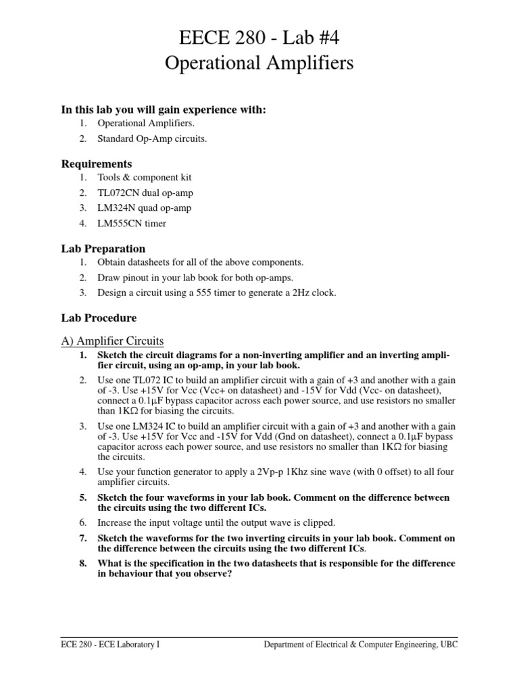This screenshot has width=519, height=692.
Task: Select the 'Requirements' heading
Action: [97, 164]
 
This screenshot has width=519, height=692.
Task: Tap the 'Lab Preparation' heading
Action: [103, 249]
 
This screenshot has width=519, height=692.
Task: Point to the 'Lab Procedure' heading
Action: [99, 317]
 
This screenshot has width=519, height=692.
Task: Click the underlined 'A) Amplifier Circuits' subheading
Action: [113, 340]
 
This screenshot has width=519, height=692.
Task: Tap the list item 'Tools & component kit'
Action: [145, 177]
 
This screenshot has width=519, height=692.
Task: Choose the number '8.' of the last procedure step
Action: [83, 563]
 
